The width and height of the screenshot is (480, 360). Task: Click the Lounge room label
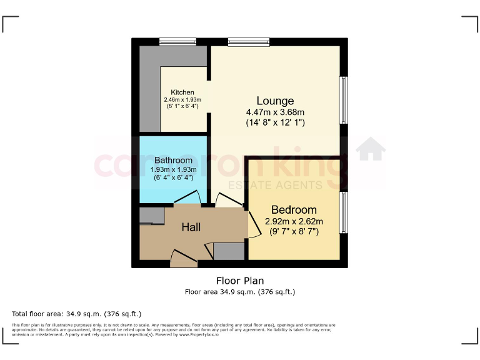275,101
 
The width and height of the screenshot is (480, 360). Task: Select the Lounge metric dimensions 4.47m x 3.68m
275,112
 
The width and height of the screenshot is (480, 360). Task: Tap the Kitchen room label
178,92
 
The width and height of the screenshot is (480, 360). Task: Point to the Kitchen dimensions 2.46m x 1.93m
178,99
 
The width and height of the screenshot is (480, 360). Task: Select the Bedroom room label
294,210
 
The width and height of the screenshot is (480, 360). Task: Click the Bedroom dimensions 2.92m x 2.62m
294,221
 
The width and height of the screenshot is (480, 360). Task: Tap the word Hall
191,227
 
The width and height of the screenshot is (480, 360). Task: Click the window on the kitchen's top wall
177,42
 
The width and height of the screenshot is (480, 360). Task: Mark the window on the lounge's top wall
249,42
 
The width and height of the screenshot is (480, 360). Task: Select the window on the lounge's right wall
343,100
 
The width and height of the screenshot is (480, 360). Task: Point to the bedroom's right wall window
343,212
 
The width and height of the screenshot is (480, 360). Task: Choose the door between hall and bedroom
254,223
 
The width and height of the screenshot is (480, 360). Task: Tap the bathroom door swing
187,198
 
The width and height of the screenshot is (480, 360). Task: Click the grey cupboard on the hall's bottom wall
229,251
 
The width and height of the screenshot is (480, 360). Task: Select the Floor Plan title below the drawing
240,281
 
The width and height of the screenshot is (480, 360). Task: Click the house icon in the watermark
371,150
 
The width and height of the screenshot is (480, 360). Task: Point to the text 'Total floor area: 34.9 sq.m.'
77,314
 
